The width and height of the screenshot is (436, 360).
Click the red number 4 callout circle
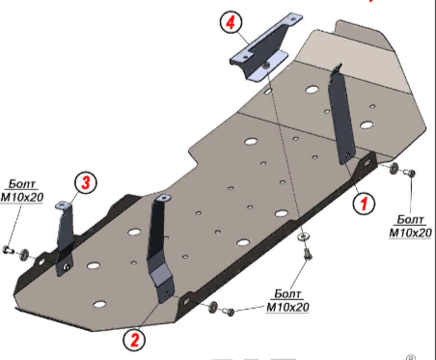231,22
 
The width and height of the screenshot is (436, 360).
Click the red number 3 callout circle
86,182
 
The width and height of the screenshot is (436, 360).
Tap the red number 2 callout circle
134,340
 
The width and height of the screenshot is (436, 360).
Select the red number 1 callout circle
364,203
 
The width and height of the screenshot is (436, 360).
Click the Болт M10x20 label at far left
22,191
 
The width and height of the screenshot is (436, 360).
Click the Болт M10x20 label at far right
411,227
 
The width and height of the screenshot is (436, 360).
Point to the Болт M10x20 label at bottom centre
287,301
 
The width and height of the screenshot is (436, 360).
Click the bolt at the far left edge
8,250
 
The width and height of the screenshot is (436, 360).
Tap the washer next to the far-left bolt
23,255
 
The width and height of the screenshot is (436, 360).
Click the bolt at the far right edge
410,173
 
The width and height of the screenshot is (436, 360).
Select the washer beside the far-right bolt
394,169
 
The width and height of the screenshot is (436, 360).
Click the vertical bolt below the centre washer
308,255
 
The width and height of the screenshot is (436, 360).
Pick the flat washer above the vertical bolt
303,236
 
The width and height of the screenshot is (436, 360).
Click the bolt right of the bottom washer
229,311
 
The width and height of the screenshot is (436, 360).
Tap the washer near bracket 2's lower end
213,307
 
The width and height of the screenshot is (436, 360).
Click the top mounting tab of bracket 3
64,206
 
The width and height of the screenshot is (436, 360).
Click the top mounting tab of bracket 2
162,198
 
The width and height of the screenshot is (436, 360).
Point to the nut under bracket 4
265,66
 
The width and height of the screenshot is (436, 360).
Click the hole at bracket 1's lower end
347,155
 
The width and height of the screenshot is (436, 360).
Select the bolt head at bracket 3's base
67,266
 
